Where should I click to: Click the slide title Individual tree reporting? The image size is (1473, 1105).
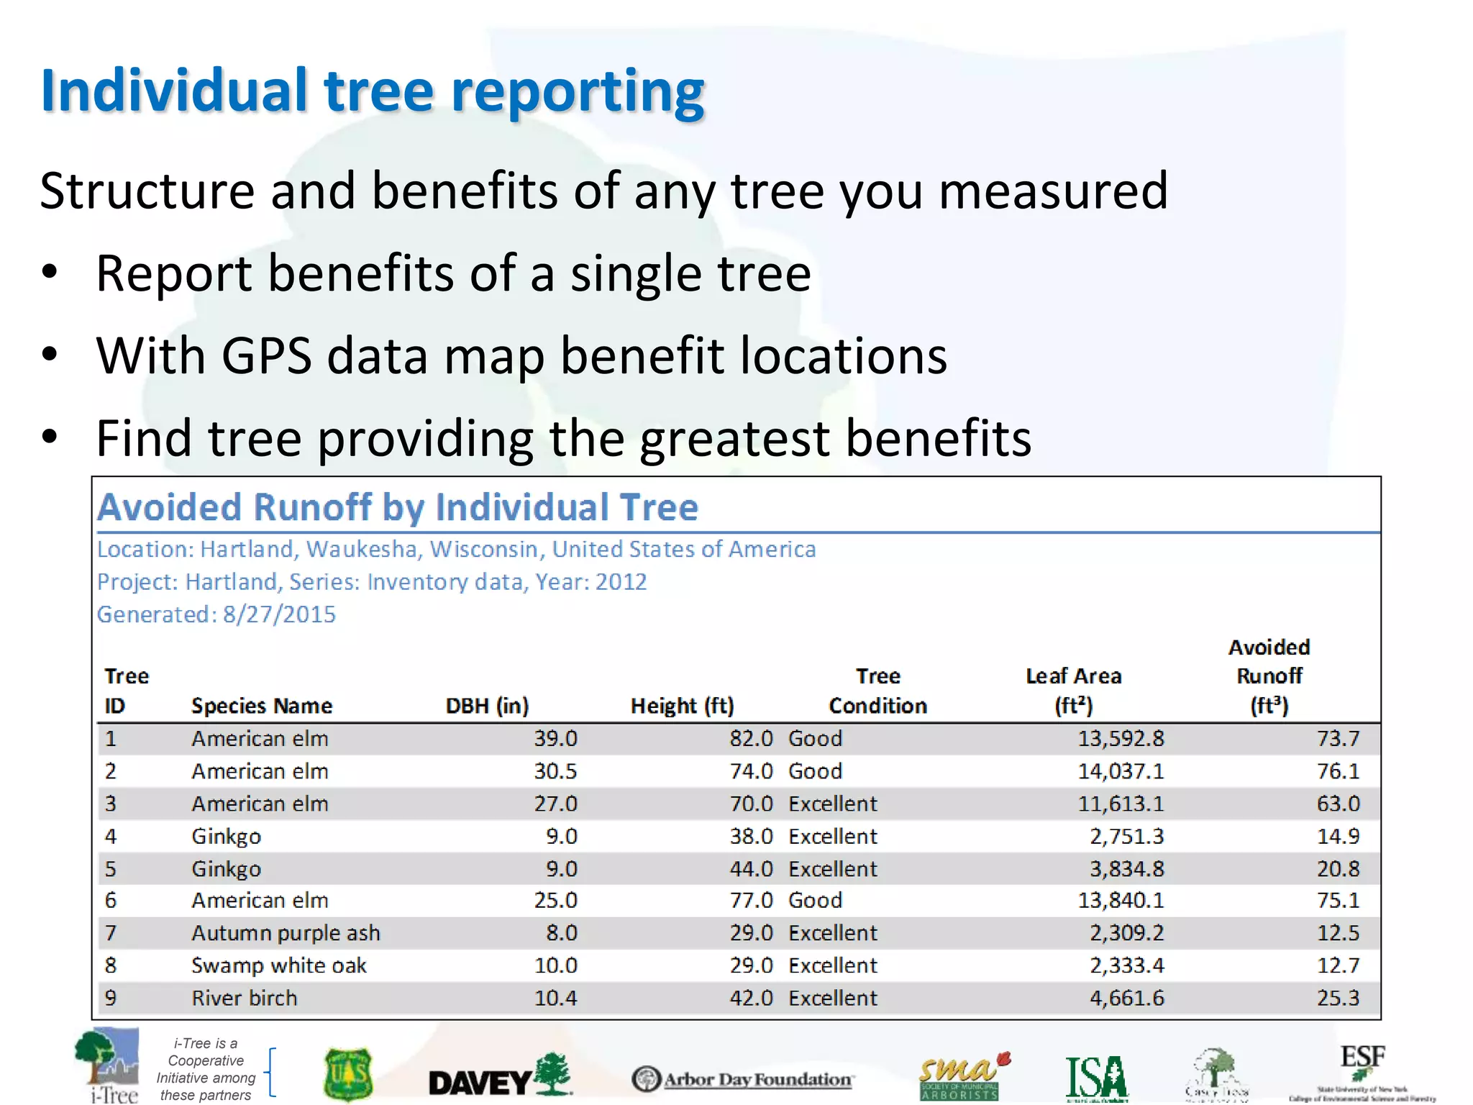coord(373,91)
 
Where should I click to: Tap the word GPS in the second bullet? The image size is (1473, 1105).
coord(266,356)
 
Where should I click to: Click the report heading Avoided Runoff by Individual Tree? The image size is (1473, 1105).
coord(398,507)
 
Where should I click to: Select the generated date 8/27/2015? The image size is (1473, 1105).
coord(279,614)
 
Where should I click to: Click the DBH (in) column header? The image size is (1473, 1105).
coord(487,706)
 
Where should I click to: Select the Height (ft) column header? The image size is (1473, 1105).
coord(682,706)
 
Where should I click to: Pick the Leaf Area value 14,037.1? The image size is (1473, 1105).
coord(1120,771)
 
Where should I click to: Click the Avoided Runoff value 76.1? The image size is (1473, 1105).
coord(1338,771)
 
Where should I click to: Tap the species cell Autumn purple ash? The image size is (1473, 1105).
coord(286,933)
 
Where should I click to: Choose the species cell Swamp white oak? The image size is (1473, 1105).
coord(279,965)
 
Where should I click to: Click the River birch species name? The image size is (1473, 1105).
coord(244,999)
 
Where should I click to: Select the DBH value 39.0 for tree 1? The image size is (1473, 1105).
coord(555,739)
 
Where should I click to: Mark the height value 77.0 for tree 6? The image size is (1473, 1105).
coord(751,901)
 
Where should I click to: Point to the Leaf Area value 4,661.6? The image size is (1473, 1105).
coord(1126,999)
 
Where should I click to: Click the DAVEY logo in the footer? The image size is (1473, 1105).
coord(499,1078)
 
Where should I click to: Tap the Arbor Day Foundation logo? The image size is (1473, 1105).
coord(742,1079)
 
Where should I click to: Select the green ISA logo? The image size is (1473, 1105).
coord(1096,1078)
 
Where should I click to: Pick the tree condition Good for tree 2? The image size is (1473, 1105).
coord(815,771)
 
